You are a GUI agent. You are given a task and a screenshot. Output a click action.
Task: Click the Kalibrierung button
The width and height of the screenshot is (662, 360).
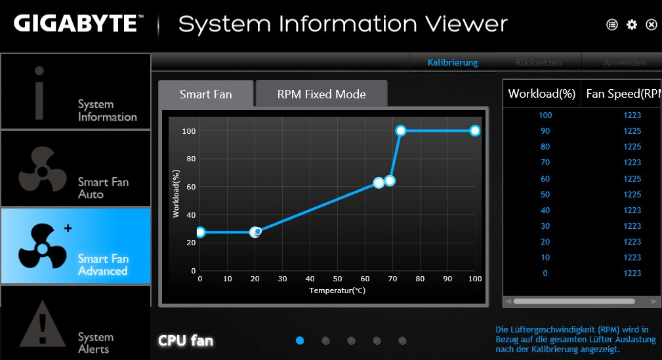tap(453, 63)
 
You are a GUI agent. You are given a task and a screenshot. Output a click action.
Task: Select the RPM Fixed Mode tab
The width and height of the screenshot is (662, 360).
tap(321, 94)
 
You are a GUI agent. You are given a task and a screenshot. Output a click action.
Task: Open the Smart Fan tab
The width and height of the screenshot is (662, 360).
tap(205, 94)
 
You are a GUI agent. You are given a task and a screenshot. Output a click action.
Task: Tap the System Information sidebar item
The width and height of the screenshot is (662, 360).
tap(75, 92)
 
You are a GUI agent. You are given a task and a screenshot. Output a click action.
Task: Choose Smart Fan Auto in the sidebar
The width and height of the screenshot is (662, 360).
tap(75, 169)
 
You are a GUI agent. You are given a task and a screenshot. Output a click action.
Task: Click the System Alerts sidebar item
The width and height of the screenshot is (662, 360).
tap(75, 323)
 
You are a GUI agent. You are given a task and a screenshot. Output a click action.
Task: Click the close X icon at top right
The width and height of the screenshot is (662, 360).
tap(652, 24)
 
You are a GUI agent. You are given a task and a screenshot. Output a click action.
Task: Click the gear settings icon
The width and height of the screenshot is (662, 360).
tap(632, 24)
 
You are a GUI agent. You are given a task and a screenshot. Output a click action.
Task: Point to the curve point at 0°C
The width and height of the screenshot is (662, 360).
tap(200, 232)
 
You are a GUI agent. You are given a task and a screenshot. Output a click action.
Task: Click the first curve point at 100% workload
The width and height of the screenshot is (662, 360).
tap(401, 130)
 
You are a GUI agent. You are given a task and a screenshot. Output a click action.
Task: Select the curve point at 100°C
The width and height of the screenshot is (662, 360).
tap(475, 130)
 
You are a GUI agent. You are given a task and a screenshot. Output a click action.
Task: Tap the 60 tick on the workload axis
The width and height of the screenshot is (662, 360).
tap(191, 186)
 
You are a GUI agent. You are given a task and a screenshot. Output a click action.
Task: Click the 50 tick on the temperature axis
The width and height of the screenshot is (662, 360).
tap(337, 279)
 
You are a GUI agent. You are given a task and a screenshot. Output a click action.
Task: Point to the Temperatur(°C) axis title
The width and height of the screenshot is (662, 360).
tap(337, 289)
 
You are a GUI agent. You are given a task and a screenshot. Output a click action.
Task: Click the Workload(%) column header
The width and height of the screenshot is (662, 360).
tap(542, 94)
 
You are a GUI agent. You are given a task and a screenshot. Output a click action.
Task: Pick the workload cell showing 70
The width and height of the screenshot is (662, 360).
tap(545, 163)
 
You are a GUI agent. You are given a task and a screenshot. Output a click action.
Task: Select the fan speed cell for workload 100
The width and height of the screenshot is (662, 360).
tap(632, 115)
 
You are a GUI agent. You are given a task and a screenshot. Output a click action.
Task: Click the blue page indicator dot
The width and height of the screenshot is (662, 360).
tap(300, 340)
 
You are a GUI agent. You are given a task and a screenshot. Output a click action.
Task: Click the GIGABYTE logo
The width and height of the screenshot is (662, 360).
tap(75, 24)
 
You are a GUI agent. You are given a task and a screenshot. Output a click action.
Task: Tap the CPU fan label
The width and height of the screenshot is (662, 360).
tap(186, 340)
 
